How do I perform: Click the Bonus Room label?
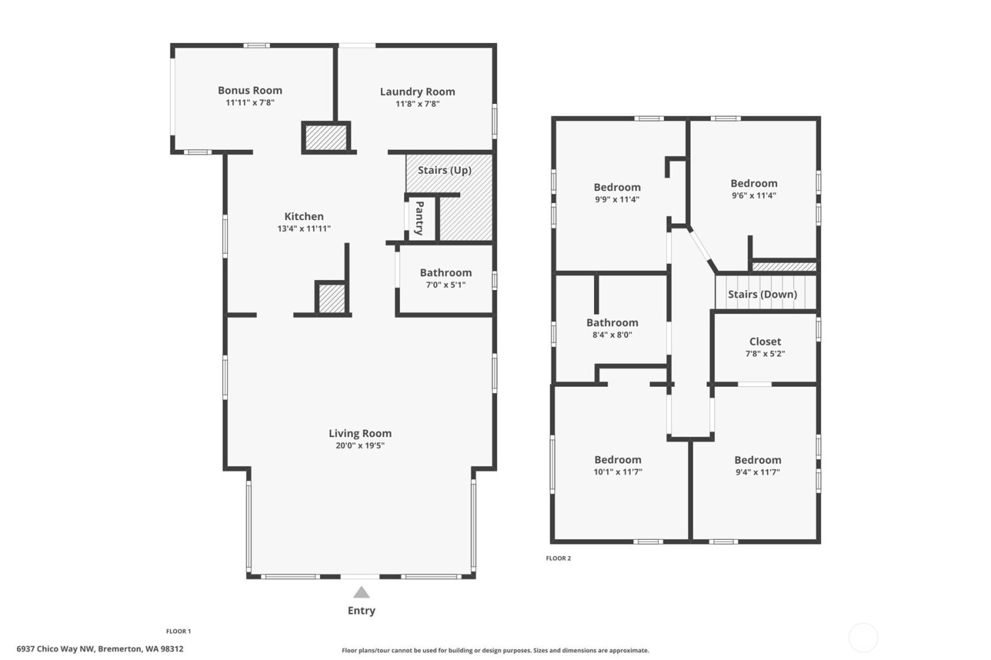pos(250,91)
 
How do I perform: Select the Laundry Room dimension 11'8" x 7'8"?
pos(417,104)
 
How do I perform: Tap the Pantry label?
pos(419,218)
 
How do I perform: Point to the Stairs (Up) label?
pos(445,170)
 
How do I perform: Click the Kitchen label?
pos(304,216)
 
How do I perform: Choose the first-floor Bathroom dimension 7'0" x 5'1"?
pos(445,285)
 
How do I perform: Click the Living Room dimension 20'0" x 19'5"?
pos(360,446)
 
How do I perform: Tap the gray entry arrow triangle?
pos(361,593)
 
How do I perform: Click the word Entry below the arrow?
pos(361,610)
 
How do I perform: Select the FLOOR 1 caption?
pos(178,631)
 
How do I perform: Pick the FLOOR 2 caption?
pos(558,558)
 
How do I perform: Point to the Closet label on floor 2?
pos(765,342)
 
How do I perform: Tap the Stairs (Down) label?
pos(762,294)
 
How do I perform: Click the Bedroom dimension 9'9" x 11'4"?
pos(617,199)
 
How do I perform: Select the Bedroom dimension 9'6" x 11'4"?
pos(754,196)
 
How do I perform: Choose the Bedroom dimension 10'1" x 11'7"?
pos(617,472)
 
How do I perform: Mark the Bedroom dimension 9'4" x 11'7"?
pos(757,472)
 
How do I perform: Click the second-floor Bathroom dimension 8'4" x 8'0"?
pos(612,335)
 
